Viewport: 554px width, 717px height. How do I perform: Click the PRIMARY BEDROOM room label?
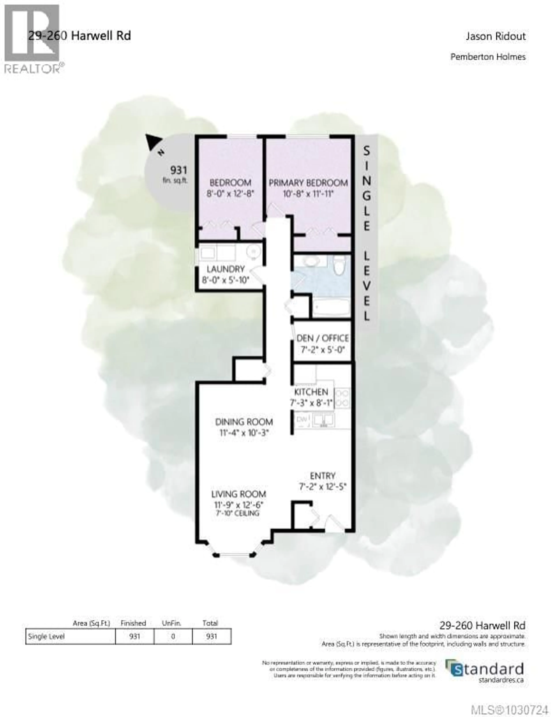[308, 183]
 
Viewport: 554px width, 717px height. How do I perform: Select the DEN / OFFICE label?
[322, 338]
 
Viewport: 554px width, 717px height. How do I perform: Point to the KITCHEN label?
[311, 392]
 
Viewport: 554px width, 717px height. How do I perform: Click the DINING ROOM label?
[244, 422]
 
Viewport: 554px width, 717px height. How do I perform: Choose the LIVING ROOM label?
[238, 494]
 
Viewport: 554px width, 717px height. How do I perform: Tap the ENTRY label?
[323, 476]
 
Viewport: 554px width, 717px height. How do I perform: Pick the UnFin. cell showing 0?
[173, 636]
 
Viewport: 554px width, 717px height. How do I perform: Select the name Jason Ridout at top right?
[496, 36]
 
